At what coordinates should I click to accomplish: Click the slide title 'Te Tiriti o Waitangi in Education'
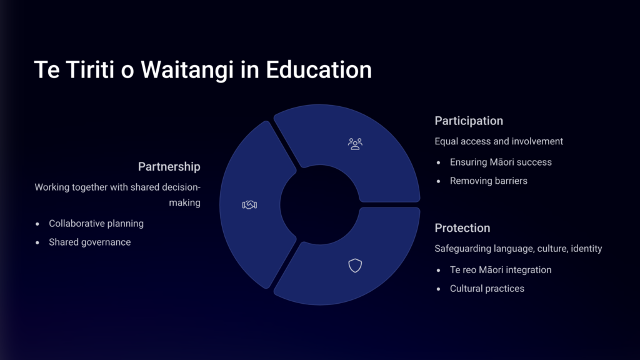pyautogui.click(x=203, y=70)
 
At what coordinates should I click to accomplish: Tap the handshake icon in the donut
pyautogui.click(x=249, y=204)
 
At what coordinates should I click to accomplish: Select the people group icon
pyautogui.click(x=355, y=144)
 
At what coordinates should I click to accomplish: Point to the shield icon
pyautogui.click(x=355, y=265)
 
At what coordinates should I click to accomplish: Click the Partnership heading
pyautogui.click(x=169, y=166)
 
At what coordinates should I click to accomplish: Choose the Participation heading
pyautogui.click(x=469, y=121)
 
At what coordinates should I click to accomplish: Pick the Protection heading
pyautogui.click(x=462, y=227)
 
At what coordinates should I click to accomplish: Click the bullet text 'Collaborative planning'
pyautogui.click(x=96, y=223)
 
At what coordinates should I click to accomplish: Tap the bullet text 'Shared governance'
pyautogui.click(x=90, y=242)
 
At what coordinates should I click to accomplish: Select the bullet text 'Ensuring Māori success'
pyautogui.click(x=501, y=162)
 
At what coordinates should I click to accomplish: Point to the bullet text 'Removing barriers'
pyautogui.click(x=489, y=181)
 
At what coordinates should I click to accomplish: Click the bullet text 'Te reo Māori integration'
pyautogui.click(x=501, y=270)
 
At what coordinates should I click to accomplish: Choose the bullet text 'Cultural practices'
pyautogui.click(x=487, y=289)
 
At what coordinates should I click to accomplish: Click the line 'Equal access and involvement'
pyautogui.click(x=499, y=141)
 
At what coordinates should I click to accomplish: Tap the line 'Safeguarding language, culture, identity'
pyautogui.click(x=518, y=249)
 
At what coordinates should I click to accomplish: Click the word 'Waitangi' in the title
pyautogui.click(x=187, y=70)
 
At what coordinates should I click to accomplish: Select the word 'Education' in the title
pyautogui.click(x=319, y=70)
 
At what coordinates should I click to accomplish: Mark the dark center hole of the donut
pyautogui.click(x=319, y=204)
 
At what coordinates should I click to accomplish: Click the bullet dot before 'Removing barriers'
pyautogui.click(x=438, y=181)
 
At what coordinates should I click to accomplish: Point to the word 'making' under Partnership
pyautogui.click(x=185, y=203)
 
